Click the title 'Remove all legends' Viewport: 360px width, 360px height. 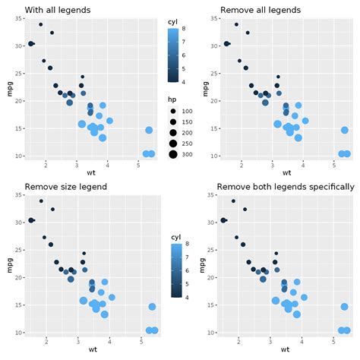(x=260, y=11)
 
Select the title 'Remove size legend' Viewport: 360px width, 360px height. (x=66, y=187)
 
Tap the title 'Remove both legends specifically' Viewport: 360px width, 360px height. (x=285, y=187)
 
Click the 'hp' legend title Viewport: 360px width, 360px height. (x=172, y=99)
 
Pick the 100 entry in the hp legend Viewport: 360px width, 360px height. (x=186, y=112)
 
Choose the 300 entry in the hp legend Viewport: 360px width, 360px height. (x=186, y=154)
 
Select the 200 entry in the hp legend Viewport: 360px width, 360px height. (x=186, y=133)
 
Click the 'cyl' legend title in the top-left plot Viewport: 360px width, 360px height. (x=173, y=22)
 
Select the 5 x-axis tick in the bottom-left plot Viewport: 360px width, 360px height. (x=140, y=341)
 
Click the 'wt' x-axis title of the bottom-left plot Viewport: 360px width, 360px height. (x=93, y=349)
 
